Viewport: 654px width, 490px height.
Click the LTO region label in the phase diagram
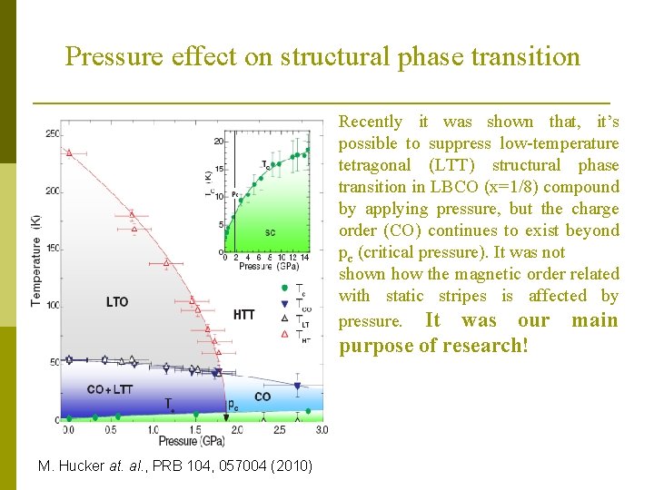[x=117, y=302]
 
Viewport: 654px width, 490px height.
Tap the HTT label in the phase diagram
[x=243, y=315]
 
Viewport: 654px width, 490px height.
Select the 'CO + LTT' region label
[x=110, y=389]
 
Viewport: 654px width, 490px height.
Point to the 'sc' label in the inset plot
[x=270, y=232]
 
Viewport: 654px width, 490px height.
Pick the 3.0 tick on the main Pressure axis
[x=321, y=429]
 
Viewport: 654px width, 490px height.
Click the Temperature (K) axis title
[x=37, y=271]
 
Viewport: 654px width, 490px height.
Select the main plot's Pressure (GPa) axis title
[x=193, y=441]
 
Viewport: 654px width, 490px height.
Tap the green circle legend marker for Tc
[x=285, y=289]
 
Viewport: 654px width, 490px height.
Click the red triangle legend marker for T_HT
[x=285, y=335]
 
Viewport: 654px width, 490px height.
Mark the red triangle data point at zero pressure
[x=69, y=152]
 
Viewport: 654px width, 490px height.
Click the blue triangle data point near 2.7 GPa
[x=297, y=387]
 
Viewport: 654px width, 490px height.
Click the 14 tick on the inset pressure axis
[x=306, y=258]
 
